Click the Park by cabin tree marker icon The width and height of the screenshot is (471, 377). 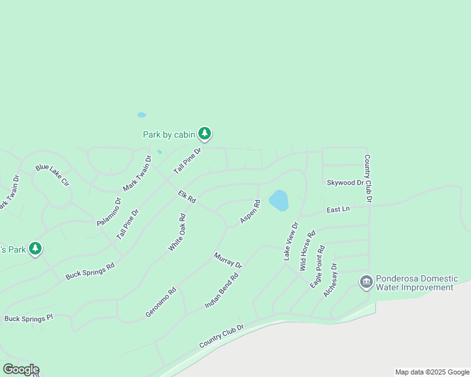tap(205, 133)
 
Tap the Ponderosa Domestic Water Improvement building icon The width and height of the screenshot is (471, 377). tap(366, 282)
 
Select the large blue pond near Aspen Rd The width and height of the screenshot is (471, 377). tap(278, 201)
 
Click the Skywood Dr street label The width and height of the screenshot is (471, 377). tap(345, 183)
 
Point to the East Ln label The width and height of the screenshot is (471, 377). tap(338, 209)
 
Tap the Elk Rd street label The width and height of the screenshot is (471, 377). tap(187, 197)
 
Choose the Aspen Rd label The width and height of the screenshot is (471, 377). tap(250, 212)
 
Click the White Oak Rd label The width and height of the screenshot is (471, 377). tap(177, 233)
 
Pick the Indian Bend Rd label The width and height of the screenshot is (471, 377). tap(222, 290)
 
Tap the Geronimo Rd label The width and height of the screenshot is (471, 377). tap(161, 302)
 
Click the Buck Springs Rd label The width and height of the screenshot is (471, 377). tap(90, 270)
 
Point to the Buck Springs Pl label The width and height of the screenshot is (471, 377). tap(29, 319)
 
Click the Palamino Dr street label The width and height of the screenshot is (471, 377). tap(108, 212)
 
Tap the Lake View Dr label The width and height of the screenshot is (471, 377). tap(290, 241)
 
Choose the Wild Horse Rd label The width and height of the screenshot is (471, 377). tap(307, 251)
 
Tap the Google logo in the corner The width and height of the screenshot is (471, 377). tap(20, 369)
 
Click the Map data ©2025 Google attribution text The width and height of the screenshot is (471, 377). tap(431, 372)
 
